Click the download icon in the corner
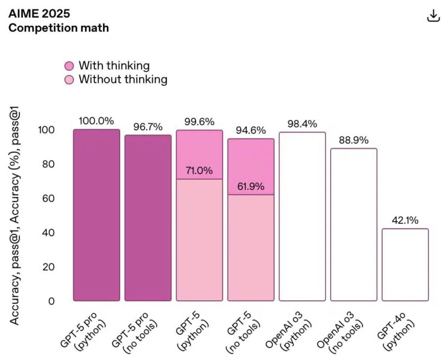pos(433,16)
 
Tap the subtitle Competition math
pos(58,27)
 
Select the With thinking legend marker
pos(69,66)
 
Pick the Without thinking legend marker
pos(69,80)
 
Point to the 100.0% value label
pos(96,121)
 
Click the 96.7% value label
pos(148,127)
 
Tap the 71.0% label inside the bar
pos(199,171)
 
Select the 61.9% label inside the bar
pos(251,186)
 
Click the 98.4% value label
pos(302,124)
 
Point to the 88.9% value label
pos(353,140)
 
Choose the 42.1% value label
pos(405,221)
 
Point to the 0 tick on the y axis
pos(51,301)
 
